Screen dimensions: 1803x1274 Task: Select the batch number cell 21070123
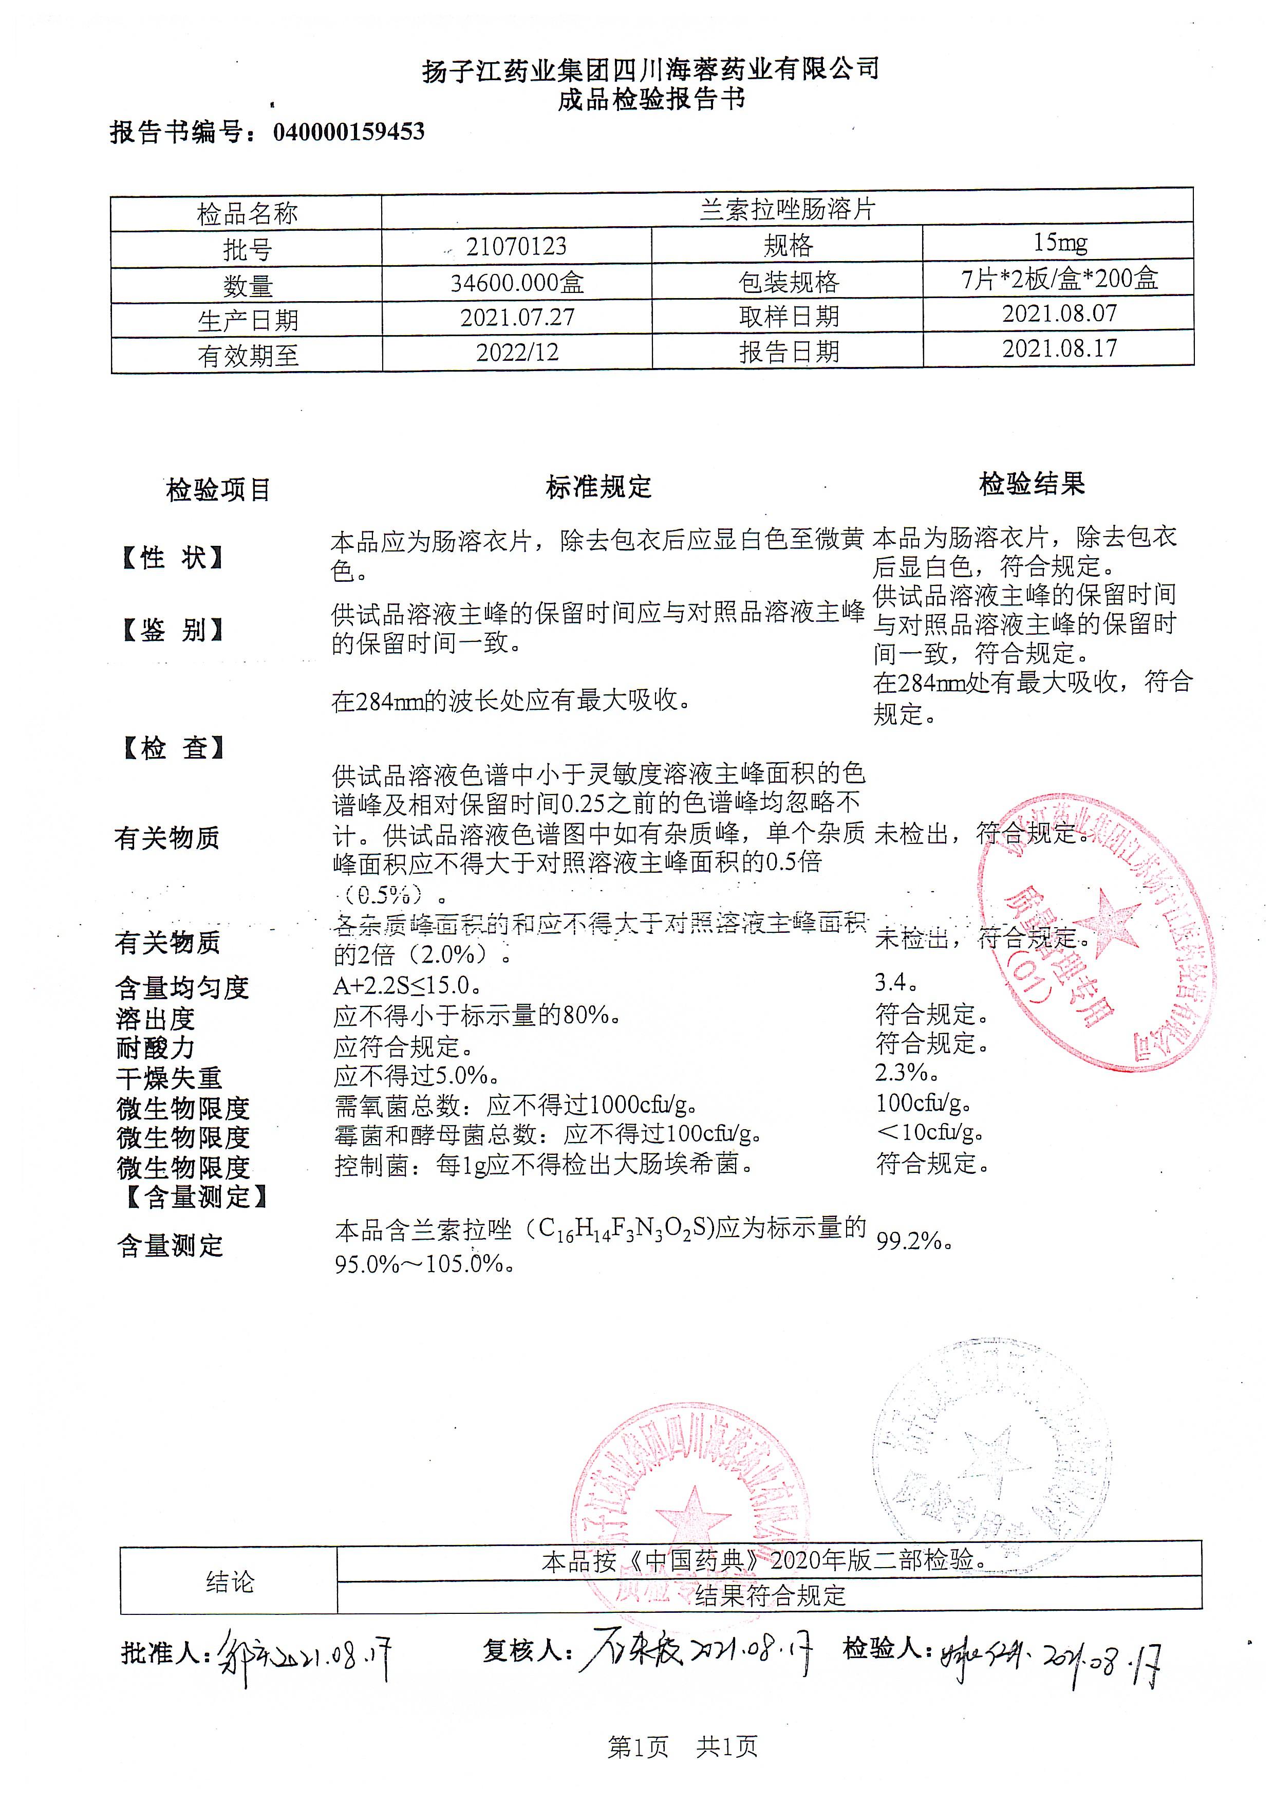tap(516, 247)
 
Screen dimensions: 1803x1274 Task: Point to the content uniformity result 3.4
tap(895, 982)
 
